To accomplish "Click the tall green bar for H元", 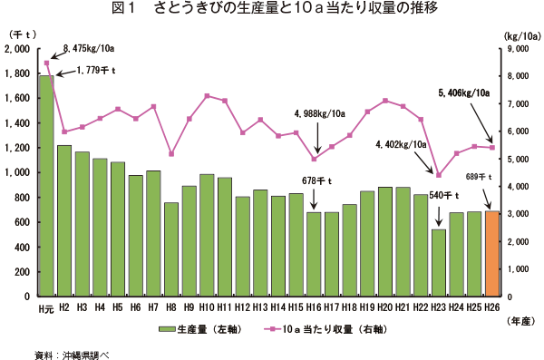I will point(46,186).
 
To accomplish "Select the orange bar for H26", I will point(492,254).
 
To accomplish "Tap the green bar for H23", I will point(440,263).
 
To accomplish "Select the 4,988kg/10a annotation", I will point(319,113).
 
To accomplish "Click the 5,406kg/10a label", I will point(463,92).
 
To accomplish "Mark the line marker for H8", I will point(171,153).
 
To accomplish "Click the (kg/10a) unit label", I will point(520,34).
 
